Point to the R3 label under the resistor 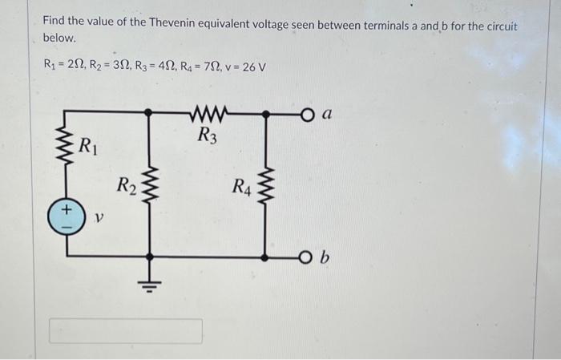[207, 134]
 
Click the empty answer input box [126, 331]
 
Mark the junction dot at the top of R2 [147, 114]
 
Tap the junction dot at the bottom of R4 [266, 257]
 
